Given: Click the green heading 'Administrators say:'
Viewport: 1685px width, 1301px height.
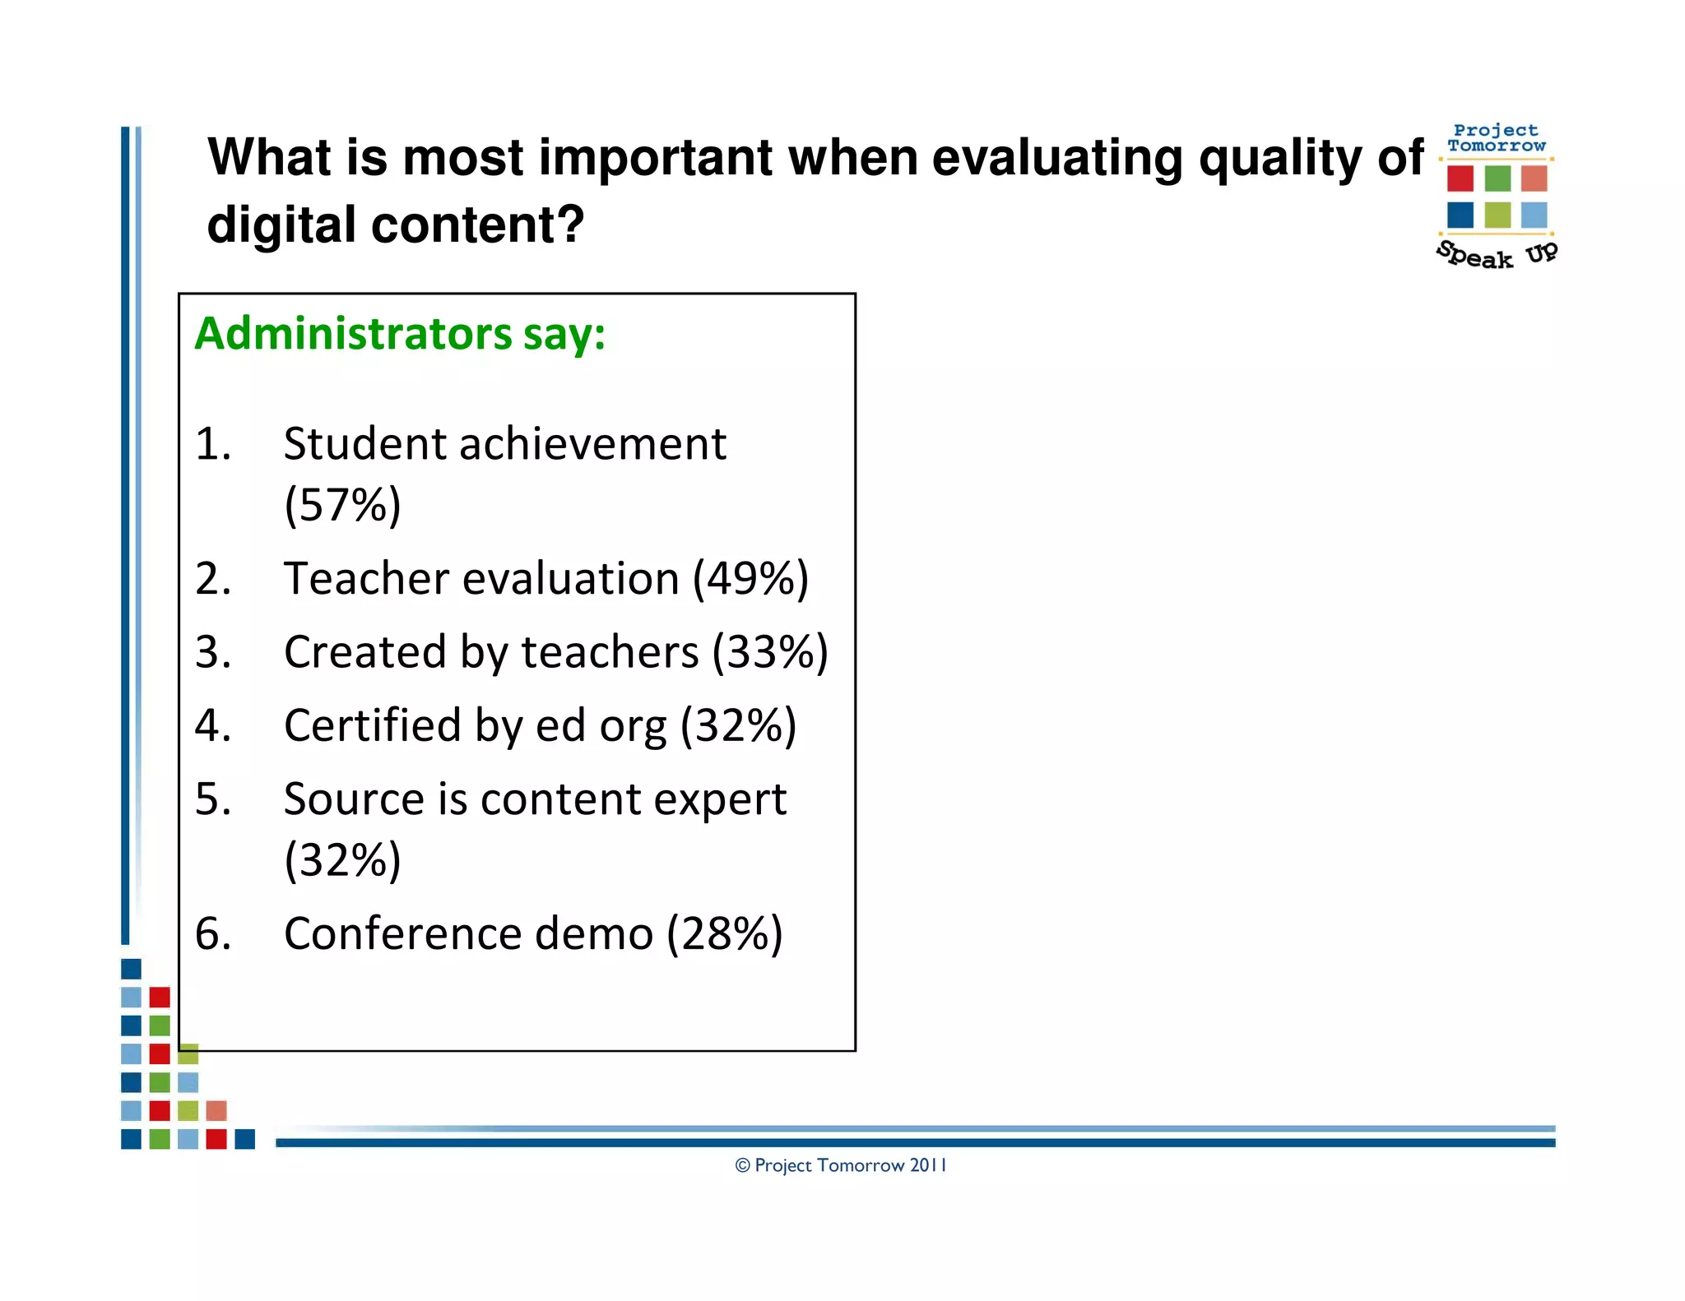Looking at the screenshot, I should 400,334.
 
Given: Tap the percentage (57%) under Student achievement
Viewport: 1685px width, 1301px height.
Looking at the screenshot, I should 342,505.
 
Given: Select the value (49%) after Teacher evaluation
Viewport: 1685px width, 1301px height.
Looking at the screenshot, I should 750,579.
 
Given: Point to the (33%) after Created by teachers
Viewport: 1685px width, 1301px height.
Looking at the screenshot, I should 769,652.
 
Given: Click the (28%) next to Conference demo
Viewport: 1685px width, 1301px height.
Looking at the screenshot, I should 724,934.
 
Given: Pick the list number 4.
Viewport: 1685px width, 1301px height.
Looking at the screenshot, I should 212,726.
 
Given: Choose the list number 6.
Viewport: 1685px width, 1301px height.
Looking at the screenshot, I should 212,934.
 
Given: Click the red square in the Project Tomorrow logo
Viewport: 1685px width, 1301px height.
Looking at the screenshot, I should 1460,178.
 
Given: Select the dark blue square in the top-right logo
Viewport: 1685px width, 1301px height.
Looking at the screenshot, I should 1460,215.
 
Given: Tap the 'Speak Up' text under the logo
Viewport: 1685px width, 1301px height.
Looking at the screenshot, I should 1497,255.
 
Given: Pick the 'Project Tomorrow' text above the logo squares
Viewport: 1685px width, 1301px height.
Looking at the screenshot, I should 1496,138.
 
